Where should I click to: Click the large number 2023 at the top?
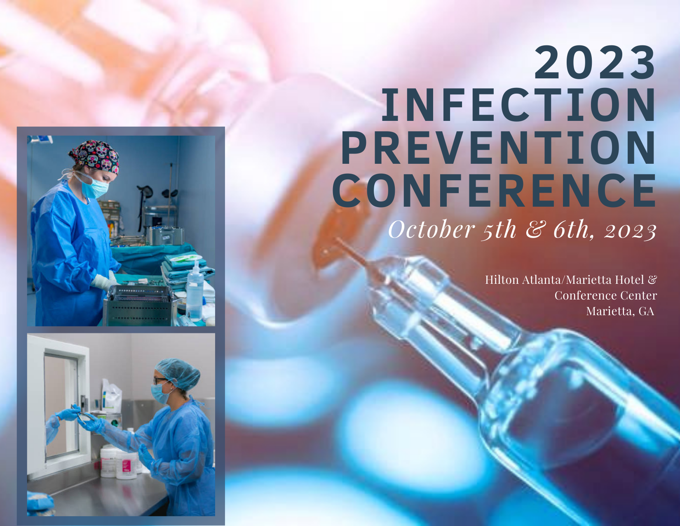point(595,63)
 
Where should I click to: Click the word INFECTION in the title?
point(518,105)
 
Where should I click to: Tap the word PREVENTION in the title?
point(499,148)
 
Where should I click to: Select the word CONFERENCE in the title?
point(494,191)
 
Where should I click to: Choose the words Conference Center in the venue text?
point(605,295)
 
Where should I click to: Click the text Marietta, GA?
point(620,311)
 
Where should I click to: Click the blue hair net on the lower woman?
point(178,374)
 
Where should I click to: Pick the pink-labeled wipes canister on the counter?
point(127,465)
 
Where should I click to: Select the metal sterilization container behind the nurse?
point(165,236)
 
